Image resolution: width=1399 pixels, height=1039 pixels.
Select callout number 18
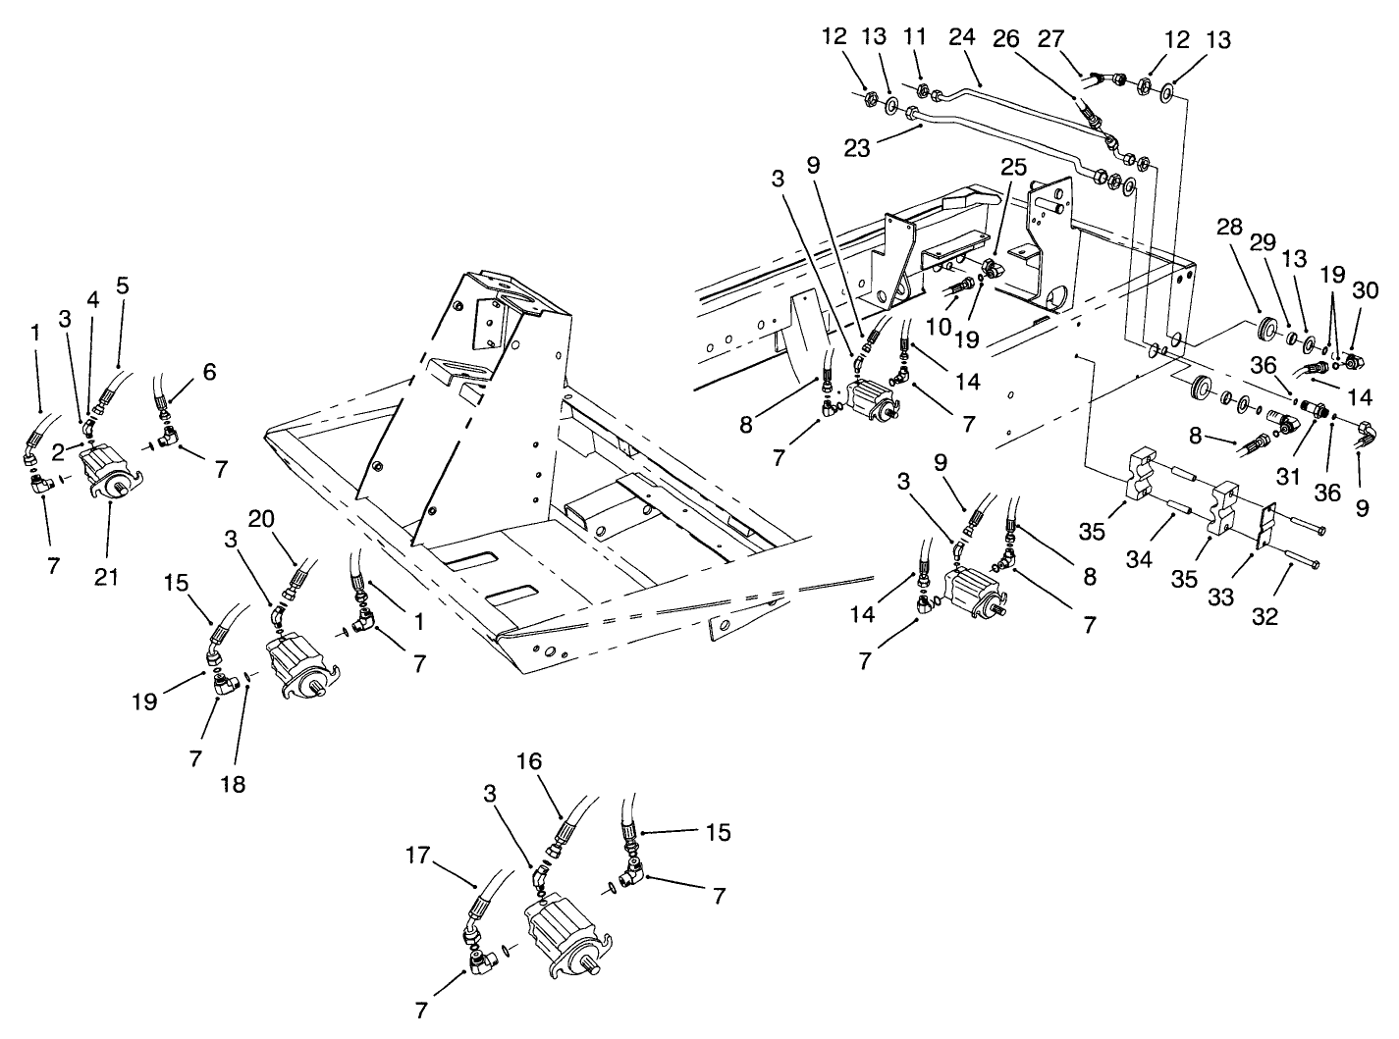click(233, 784)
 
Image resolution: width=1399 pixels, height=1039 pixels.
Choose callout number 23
click(857, 149)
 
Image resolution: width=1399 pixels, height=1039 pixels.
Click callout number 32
click(1265, 617)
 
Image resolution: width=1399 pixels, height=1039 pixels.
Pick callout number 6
click(209, 372)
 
